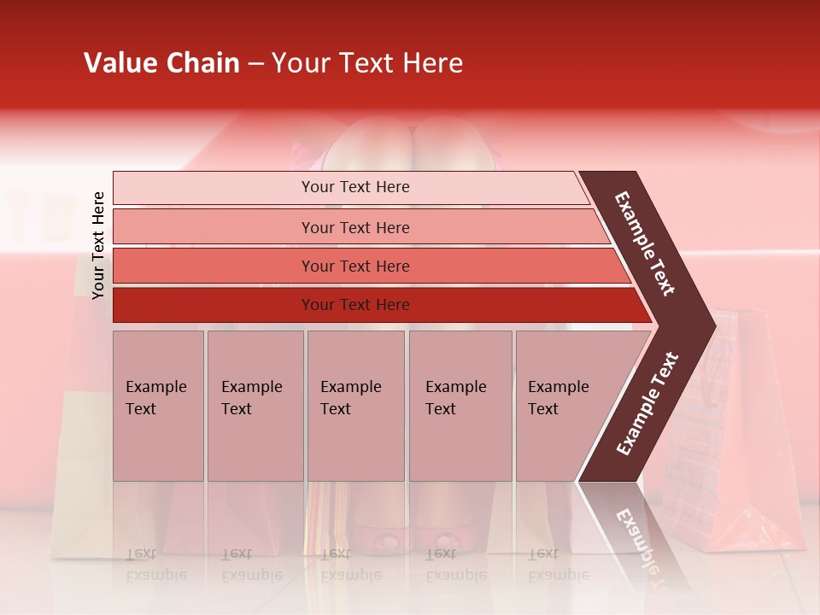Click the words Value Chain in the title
point(161,63)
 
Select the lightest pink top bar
point(214,188)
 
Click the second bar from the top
point(214,227)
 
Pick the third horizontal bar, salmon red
point(214,266)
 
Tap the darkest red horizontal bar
point(214,305)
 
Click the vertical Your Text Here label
point(98,245)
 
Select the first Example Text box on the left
point(158,406)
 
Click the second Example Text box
point(255,406)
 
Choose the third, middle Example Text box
point(355,406)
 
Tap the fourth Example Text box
point(460,406)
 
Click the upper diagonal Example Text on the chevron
point(645,243)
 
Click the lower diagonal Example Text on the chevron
point(647,404)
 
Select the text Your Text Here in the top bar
point(355,187)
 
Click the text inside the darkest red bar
point(355,305)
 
